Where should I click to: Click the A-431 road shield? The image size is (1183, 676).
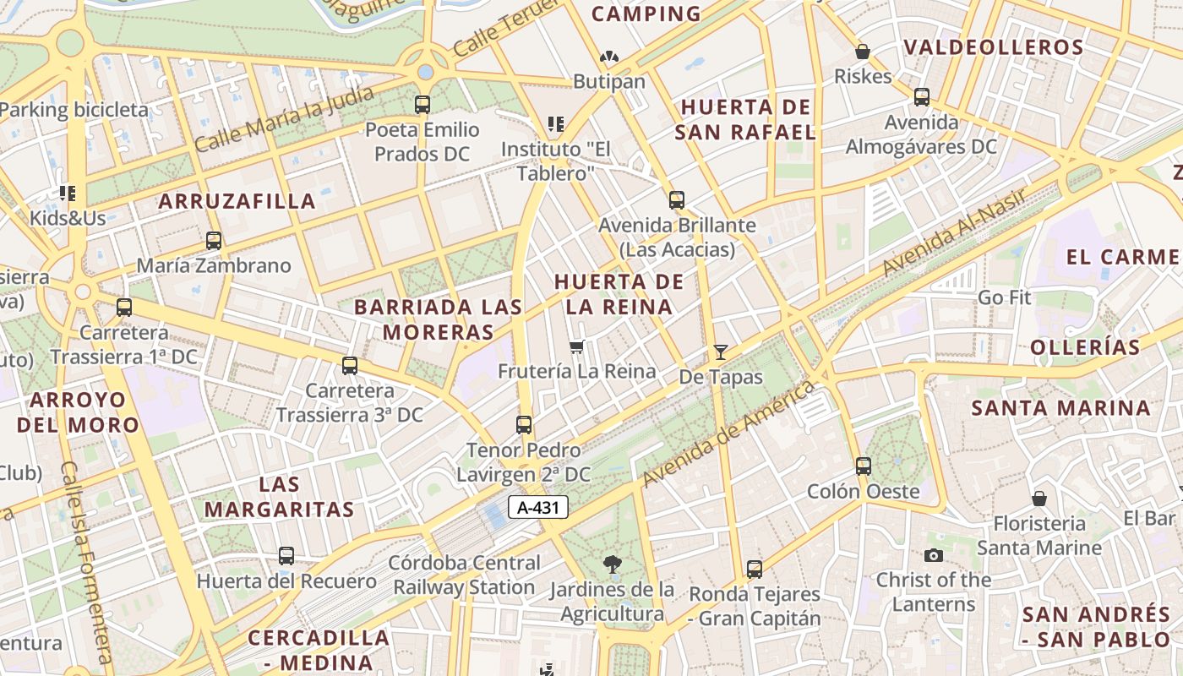[x=538, y=507]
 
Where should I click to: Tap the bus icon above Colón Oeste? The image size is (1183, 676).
[x=863, y=466]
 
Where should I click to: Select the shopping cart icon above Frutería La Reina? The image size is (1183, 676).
[x=578, y=346]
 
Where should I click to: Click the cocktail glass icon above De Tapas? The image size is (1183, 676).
[x=720, y=352]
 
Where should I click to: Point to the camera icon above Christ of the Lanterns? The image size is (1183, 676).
[x=933, y=555]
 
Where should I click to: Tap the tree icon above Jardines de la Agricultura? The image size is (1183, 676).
[x=613, y=564]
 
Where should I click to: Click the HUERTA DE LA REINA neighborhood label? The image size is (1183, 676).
[x=614, y=294]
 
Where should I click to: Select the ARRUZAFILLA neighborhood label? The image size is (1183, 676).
[x=237, y=201]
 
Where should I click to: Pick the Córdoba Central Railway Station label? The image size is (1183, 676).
[x=465, y=575]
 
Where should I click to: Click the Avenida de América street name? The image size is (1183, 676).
[x=728, y=433]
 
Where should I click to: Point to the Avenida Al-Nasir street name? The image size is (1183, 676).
[x=955, y=232]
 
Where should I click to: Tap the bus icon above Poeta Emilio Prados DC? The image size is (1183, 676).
[x=422, y=105]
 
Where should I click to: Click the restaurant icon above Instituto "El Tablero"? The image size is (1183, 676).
[x=555, y=124]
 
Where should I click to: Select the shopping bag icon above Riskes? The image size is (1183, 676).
[x=863, y=52]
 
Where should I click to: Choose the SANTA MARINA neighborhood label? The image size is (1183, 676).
[x=1060, y=408]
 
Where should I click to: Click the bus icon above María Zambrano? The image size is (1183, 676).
[x=214, y=241]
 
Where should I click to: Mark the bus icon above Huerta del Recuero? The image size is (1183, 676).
[x=286, y=556]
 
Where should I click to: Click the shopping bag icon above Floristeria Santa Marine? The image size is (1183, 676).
[x=1039, y=499]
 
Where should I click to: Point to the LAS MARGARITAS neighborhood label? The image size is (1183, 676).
[x=279, y=497]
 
